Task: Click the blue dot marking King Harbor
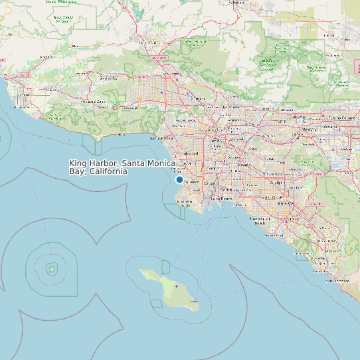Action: [179, 179]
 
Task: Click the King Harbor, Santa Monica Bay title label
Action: [122, 167]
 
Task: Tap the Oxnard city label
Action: [23, 94]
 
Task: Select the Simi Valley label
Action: [108, 78]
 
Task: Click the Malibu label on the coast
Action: [120, 134]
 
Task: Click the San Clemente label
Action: [337, 281]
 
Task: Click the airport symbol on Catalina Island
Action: [177, 286]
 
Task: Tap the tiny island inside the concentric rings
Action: [50, 269]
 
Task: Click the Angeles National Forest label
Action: [268, 64]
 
